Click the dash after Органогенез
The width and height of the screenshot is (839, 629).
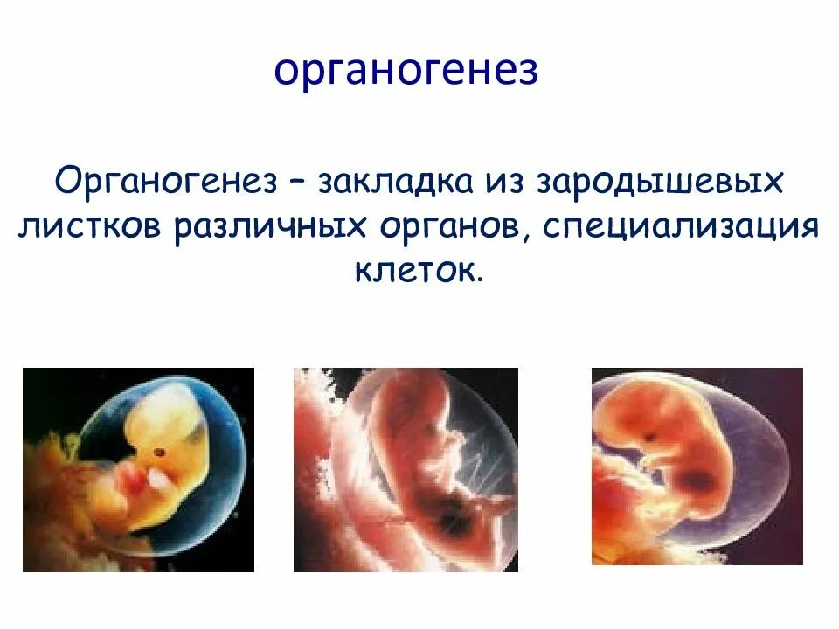pyautogui.click(x=298, y=184)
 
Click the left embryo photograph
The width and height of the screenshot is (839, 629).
pyautogui.click(x=138, y=469)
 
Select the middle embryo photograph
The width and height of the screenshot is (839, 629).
pyautogui.click(x=406, y=469)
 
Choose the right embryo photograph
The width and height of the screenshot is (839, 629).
pyautogui.click(x=697, y=466)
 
